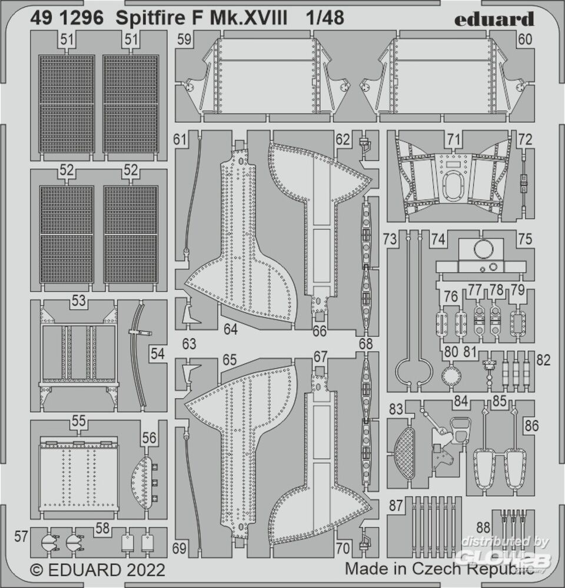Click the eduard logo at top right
click(494, 19)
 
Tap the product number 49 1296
click(67, 19)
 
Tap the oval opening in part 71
click(452, 189)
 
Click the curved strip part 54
click(140, 353)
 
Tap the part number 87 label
click(396, 505)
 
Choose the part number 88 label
click(483, 527)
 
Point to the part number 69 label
click(180, 549)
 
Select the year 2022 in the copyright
click(143, 570)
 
